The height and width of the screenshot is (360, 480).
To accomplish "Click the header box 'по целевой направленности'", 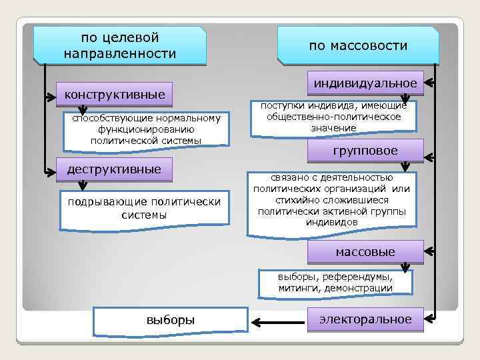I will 121,45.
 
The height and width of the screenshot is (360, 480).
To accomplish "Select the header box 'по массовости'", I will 358,46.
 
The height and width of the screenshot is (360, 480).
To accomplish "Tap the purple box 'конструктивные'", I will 115,94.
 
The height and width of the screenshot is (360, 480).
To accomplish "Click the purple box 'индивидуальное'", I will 365,83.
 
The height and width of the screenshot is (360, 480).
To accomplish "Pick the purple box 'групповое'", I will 365,151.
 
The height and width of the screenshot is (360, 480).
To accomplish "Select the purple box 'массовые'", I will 365,252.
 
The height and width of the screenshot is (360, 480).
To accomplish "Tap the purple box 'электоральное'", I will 365,319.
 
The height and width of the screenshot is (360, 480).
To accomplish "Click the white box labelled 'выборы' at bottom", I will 171,320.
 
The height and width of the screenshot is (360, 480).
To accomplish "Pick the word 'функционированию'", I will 145,130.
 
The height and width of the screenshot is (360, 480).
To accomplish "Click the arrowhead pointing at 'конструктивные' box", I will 51,96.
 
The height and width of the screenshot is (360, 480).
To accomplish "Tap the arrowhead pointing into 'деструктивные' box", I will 51,171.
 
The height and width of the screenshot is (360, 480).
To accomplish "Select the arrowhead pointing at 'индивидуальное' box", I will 430,84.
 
